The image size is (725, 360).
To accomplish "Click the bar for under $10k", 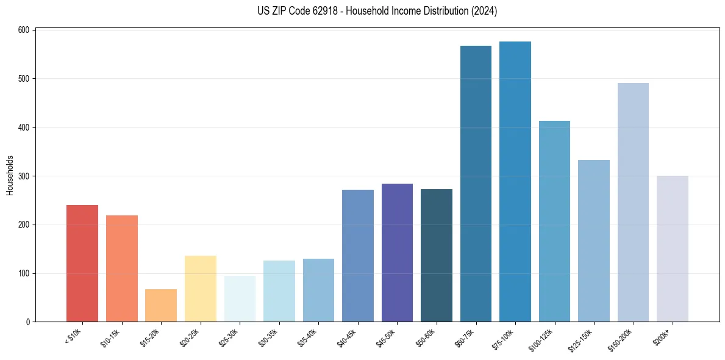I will click(x=82, y=263).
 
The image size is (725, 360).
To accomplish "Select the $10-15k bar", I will click(x=121, y=268).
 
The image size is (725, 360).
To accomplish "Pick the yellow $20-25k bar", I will click(x=200, y=289).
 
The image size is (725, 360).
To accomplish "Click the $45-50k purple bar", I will click(x=397, y=253).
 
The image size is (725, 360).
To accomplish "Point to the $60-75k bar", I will click(x=476, y=184).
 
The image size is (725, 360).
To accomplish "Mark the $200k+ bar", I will click(x=672, y=249).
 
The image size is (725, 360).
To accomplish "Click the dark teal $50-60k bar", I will click(x=436, y=256).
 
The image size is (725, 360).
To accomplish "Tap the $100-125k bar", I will click(x=554, y=221).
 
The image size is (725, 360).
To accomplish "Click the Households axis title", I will click(x=10, y=175).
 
